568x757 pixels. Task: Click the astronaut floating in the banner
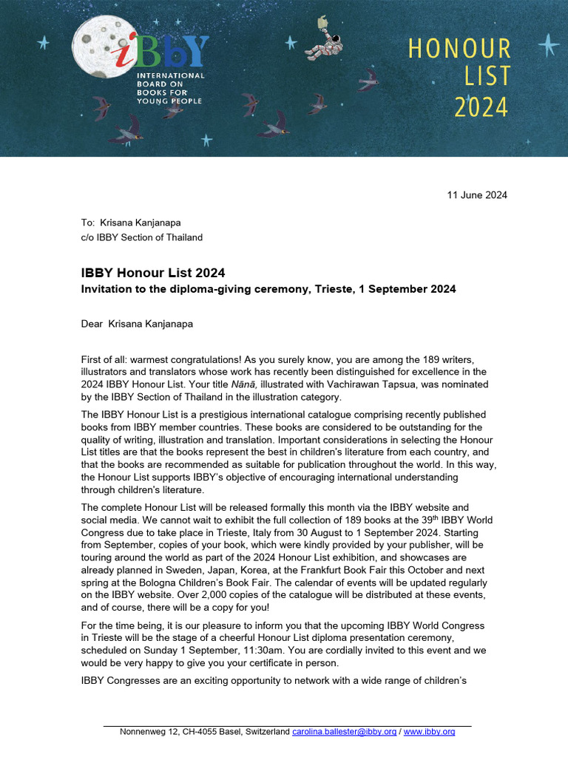point(324,43)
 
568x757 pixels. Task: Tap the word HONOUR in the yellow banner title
point(459,50)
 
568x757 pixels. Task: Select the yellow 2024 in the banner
point(481,107)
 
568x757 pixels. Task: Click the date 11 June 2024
point(477,195)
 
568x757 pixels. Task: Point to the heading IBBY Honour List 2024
point(152,274)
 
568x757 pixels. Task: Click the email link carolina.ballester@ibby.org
point(344,732)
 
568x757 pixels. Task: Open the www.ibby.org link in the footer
point(429,732)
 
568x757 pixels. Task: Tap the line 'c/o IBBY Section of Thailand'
point(141,237)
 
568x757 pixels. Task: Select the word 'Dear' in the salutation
point(92,323)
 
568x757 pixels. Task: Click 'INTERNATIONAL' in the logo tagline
point(170,76)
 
